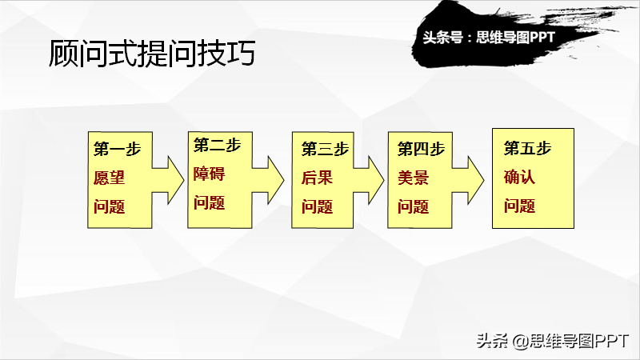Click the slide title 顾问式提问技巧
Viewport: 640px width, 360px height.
(x=152, y=53)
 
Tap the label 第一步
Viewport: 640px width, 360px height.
(x=117, y=149)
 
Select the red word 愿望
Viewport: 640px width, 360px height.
(x=109, y=178)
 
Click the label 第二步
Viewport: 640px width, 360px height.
(x=217, y=145)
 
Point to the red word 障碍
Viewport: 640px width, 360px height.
(x=209, y=174)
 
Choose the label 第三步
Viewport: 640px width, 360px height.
(x=325, y=149)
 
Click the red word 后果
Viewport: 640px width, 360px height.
(x=317, y=178)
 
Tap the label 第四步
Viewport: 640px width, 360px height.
(x=422, y=149)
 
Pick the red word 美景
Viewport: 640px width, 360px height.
(x=413, y=178)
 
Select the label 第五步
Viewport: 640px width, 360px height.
(x=527, y=148)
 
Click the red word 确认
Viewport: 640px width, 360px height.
(x=519, y=177)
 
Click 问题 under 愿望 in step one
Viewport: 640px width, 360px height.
(x=109, y=206)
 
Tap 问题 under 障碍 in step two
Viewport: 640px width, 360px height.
(x=209, y=203)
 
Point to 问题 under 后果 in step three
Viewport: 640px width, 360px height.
(x=317, y=206)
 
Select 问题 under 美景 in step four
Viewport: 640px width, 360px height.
(x=413, y=206)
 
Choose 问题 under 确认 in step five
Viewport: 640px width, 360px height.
(x=519, y=206)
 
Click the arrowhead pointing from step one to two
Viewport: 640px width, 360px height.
(x=174, y=180)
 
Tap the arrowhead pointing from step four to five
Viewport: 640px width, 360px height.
(x=474, y=180)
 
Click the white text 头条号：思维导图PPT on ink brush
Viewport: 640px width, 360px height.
(x=489, y=38)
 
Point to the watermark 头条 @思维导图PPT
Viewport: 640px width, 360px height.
(x=553, y=341)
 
